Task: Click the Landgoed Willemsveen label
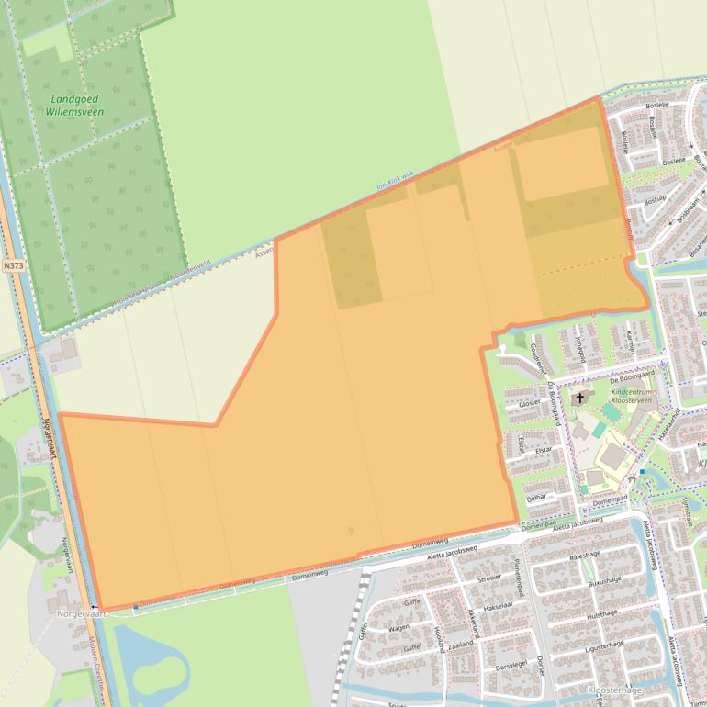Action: tap(75, 106)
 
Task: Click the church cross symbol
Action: tap(580, 398)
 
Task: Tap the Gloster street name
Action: tap(530, 403)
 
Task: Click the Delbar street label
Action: tap(537, 496)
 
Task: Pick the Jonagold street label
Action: tap(579, 350)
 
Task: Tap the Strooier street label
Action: tap(489, 579)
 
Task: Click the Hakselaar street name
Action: tap(496, 607)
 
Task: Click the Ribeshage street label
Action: tap(584, 555)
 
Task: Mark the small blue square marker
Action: tap(642, 472)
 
